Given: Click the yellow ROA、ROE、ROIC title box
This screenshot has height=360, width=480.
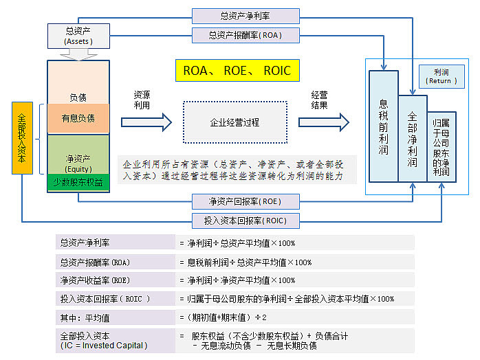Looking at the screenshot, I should pos(237,70).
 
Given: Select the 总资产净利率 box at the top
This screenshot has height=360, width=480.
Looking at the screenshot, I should pos(245,16).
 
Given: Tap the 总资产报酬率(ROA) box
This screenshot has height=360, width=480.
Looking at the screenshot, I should pos(245,34).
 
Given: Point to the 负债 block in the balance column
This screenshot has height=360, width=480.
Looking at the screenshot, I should pos(78,88).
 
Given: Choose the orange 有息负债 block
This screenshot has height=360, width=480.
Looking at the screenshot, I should pos(78,118).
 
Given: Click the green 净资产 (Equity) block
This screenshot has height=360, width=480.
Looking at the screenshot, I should pos(78,155).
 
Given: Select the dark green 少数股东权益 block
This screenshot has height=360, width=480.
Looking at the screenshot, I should pos(78,183).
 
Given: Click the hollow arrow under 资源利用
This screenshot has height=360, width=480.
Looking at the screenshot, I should pos(146,122).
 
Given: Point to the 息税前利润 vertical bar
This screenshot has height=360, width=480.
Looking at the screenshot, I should pos(383,125).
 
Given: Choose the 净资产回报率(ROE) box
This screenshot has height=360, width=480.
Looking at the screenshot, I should pos(245,201).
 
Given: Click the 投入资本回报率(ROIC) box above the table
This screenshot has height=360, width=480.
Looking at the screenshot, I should pos(245,221).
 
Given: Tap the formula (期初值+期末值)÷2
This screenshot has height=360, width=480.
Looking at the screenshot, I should pos(221,317).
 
